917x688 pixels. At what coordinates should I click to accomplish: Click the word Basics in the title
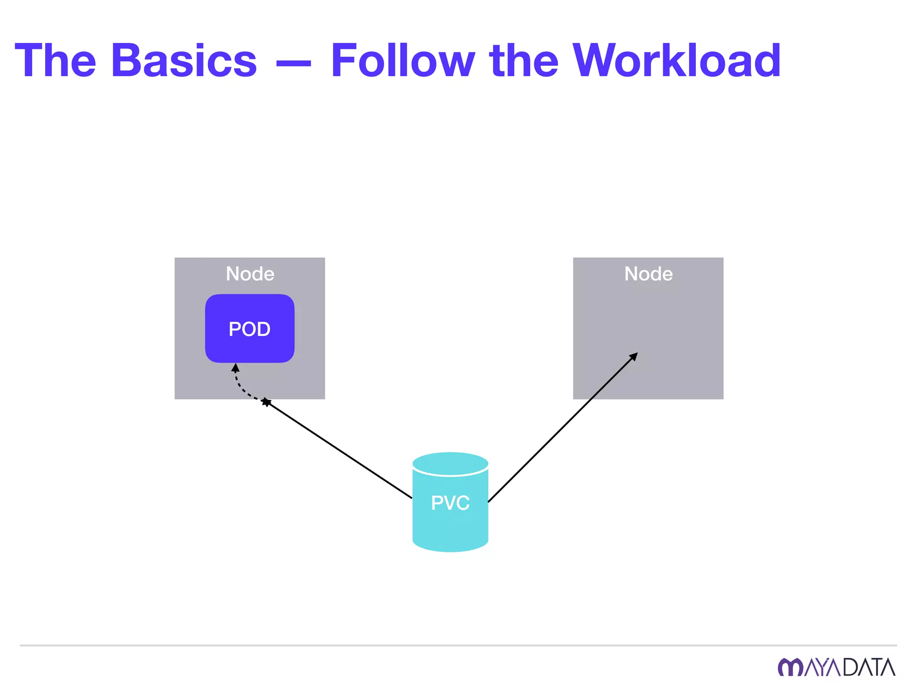pos(184,60)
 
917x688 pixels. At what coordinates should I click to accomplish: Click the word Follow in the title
pos(402,60)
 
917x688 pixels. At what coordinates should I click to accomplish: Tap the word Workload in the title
pos(677,60)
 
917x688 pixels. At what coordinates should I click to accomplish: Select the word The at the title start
pos(56,60)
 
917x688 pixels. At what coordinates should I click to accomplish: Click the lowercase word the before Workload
pos(524,60)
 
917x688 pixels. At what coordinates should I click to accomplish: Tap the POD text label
pos(250,329)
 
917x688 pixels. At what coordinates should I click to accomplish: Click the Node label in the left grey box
pos(250,274)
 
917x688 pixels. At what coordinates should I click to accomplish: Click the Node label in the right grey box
pos(648,274)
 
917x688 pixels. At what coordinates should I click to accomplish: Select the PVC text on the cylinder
pos(450,503)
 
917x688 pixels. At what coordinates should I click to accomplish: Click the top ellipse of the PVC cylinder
pos(450,463)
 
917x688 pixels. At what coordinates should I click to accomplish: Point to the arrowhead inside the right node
pos(634,357)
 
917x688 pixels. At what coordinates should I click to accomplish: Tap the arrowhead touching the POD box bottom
pos(236,368)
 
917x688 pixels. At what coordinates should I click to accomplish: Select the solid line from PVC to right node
pos(562,428)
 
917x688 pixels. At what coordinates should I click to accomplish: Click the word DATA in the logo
pos(869,667)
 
